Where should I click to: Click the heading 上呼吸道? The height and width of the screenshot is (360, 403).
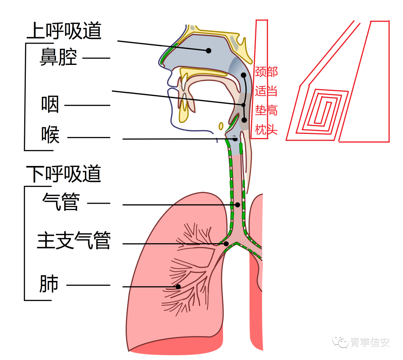coord(64,31)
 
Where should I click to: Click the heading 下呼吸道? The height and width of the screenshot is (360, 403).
coord(64,173)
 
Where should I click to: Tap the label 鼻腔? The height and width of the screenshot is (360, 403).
coord(58,58)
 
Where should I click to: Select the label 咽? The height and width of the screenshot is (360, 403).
coord(50,105)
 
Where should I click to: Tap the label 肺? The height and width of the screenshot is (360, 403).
coord(49,284)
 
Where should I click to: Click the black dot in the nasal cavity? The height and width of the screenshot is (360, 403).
coord(209,50)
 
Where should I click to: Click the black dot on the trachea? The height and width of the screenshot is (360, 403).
coord(237,205)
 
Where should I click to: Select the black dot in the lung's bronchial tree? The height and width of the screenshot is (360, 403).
coord(178,287)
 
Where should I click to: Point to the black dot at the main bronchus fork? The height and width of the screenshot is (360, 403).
coord(226,244)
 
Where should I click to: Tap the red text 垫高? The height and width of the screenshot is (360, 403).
coord(266,110)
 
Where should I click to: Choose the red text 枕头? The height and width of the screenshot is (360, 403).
coord(266,130)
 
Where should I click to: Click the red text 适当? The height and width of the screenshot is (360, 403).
coord(266,91)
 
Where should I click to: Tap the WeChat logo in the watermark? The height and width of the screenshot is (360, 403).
coord(340,341)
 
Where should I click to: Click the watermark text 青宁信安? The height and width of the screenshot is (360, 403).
coord(369,342)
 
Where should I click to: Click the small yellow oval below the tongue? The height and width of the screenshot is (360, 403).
coord(221,126)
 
